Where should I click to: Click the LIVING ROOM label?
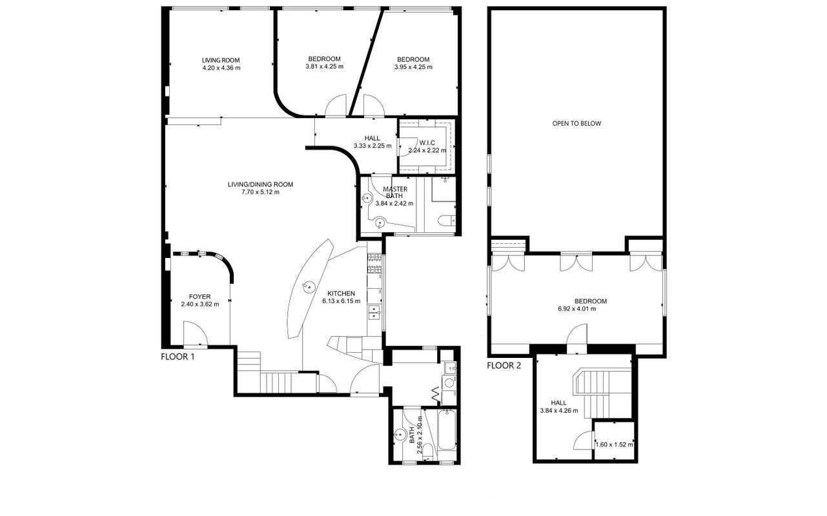click(221, 60)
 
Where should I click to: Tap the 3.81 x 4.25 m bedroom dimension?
click(325, 67)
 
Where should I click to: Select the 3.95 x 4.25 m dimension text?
click(413, 67)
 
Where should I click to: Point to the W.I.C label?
click(427, 143)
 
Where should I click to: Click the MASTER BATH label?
click(395, 192)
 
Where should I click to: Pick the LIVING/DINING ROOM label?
click(260, 184)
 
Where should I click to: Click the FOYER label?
click(199, 297)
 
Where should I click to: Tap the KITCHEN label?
click(341, 293)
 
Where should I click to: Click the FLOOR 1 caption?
click(178, 357)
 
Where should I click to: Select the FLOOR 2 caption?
click(504, 366)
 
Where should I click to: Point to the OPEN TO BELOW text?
click(577, 124)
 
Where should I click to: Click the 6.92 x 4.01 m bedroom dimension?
click(577, 309)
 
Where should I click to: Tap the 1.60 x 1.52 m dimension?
click(615, 444)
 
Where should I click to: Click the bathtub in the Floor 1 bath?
click(447, 430)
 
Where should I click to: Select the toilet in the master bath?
click(447, 221)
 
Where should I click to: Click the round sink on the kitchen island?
click(309, 286)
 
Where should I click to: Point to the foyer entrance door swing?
click(195, 333)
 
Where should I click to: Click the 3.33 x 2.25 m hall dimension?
click(373, 146)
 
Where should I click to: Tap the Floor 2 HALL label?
click(558, 402)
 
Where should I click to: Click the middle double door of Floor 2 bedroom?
click(577, 263)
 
